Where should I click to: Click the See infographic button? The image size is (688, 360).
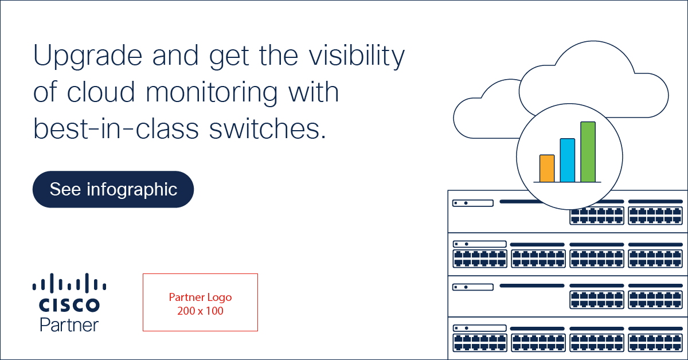tap(113, 189)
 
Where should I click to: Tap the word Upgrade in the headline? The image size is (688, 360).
tap(88, 56)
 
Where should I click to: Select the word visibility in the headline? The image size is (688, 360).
tap(357, 56)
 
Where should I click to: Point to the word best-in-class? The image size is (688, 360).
tap(116, 128)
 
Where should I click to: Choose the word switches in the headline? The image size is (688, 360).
tap(267, 128)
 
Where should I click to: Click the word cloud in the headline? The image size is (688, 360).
tap(101, 92)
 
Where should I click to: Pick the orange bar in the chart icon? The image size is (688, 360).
tap(547, 169)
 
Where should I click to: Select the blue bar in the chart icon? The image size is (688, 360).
tap(568, 161)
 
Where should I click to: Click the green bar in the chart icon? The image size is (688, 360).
tap(588, 152)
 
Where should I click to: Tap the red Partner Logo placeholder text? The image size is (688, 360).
tap(200, 298)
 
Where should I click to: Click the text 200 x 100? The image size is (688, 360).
tap(200, 311)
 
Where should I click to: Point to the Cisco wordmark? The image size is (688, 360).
tap(69, 305)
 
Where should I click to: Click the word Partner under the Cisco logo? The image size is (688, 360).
tap(69, 325)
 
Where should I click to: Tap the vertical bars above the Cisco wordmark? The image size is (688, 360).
tap(69, 283)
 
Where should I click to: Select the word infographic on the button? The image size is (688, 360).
tap(132, 190)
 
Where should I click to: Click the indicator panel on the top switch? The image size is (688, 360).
tap(473, 203)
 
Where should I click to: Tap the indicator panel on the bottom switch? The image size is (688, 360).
tap(479, 328)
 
